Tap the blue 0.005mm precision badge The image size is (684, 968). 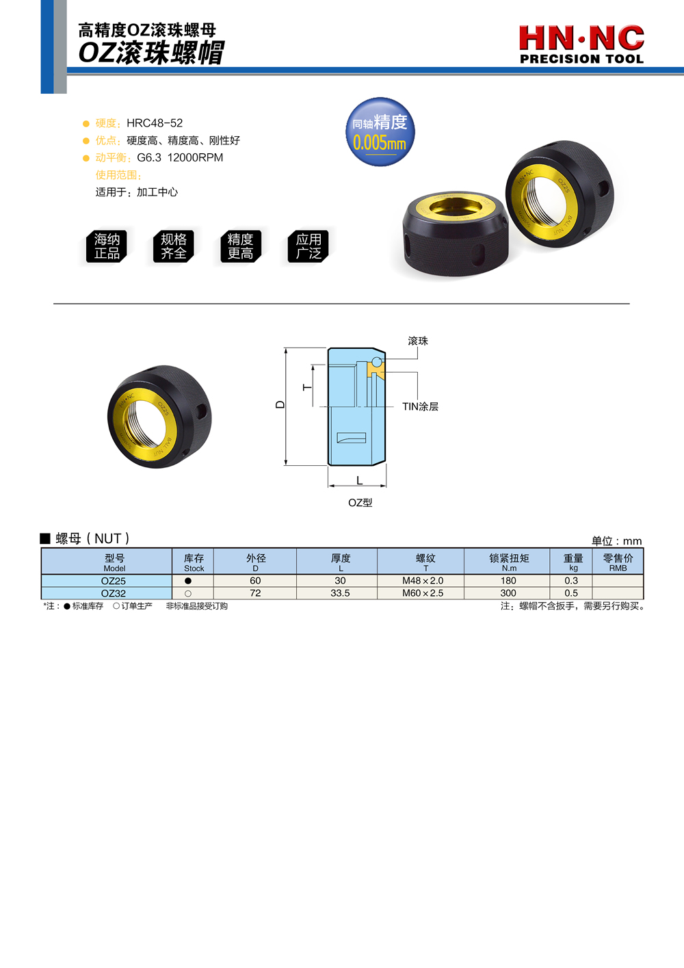pyautogui.click(x=380, y=132)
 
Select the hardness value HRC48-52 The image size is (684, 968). pyautogui.click(x=155, y=123)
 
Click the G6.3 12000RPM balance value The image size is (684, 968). pyautogui.click(x=180, y=158)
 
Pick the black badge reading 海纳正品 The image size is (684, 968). pyautogui.click(x=106, y=246)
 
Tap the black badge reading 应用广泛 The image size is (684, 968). pyautogui.click(x=308, y=246)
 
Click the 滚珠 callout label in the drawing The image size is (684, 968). pyautogui.click(x=418, y=341)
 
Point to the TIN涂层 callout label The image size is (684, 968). pyautogui.click(x=420, y=406)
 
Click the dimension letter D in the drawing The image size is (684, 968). pyautogui.click(x=280, y=404)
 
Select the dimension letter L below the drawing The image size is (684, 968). pyautogui.click(x=360, y=480)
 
